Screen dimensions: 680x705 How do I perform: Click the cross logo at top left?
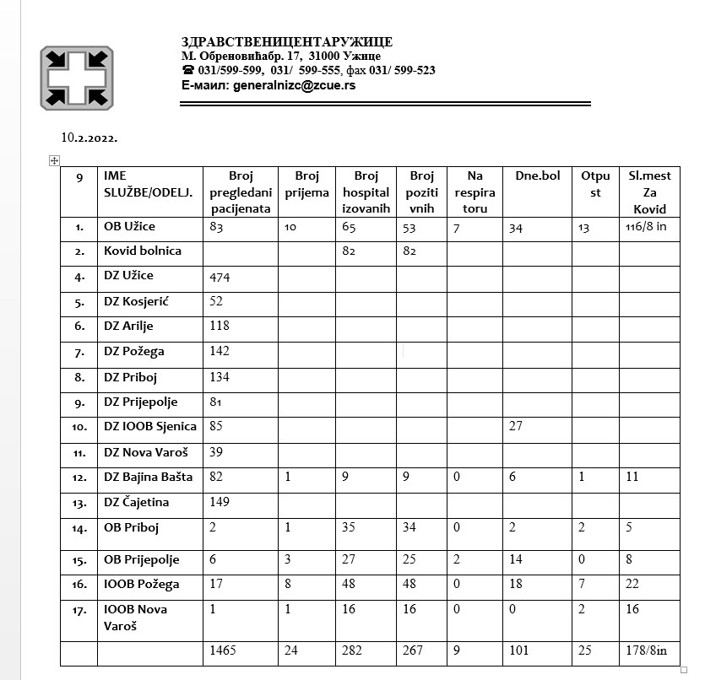pyautogui.click(x=77, y=78)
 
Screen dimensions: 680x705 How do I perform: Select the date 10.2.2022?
pyautogui.click(x=89, y=137)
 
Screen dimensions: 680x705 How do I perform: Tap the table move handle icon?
pyautogui.click(x=54, y=160)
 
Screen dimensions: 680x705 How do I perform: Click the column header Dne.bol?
pyautogui.click(x=537, y=176)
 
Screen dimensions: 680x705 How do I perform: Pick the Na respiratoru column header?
pyautogui.click(x=475, y=192)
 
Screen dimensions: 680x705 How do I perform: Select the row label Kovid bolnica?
pyautogui.click(x=143, y=251)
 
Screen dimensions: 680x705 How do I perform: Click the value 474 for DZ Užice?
pyautogui.click(x=220, y=277)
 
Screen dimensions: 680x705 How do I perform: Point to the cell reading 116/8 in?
pyautogui.click(x=648, y=227)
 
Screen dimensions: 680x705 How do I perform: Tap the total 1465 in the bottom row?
pyautogui.click(x=224, y=650)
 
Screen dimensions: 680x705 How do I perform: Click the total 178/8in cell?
pyautogui.click(x=646, y=650)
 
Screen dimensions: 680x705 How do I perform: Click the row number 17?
pyautogui.click(x=79, y=610)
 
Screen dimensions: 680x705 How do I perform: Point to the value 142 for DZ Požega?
pyautogui.click(x=220, y=352)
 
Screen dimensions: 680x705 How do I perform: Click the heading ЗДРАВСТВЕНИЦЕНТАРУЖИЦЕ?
pyautogui.click(x=287, y=42)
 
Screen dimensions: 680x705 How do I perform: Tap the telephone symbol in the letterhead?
pyautogui.click(x=187, y=71)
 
